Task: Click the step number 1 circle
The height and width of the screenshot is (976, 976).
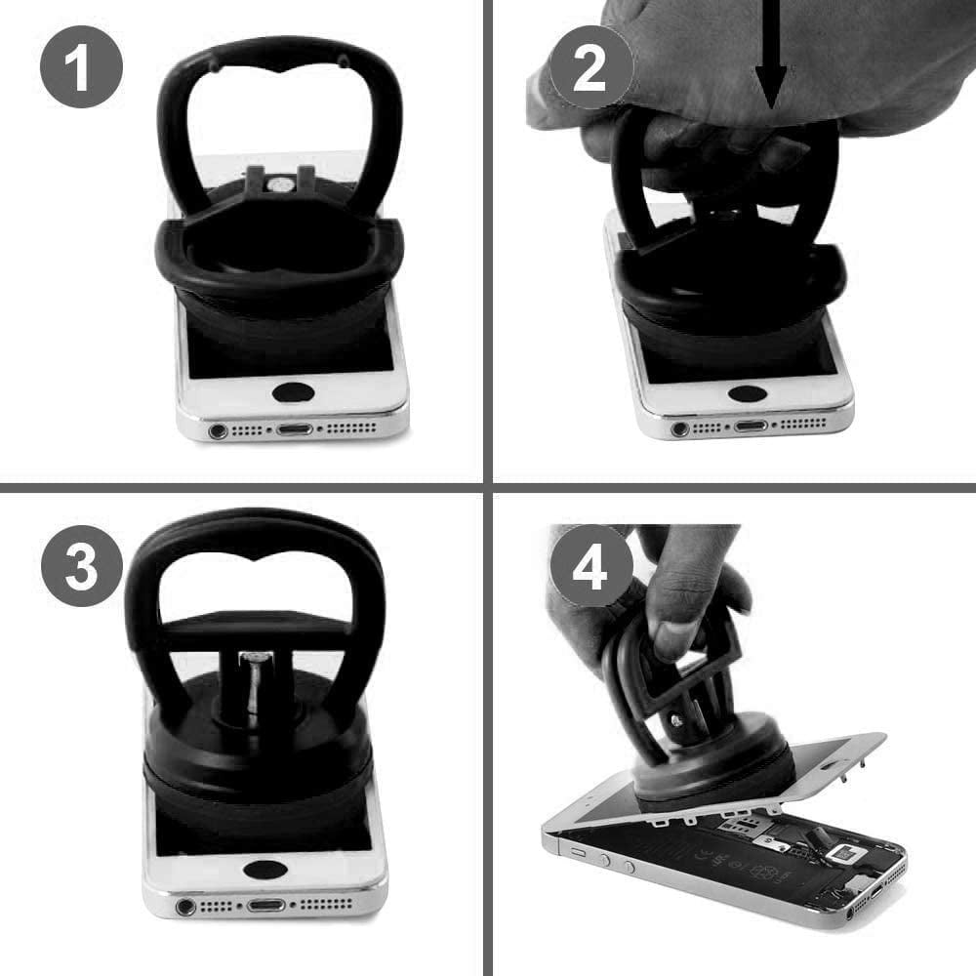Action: click(x=81, y=66)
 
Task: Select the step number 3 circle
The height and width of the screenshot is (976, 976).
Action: click(x=82, y=566)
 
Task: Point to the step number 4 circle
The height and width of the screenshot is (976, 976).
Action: click(x=591, y=566)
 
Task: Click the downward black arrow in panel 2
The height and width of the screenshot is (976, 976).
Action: click(x=771, y=55)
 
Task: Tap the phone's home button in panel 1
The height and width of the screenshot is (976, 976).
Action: click(x=293, y=392)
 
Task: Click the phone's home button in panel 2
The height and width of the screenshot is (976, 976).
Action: click(x=747, y=393)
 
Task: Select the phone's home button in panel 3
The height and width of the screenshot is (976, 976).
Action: click(x=265, y=870)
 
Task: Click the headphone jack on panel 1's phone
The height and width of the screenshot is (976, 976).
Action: click(x=218, y=430)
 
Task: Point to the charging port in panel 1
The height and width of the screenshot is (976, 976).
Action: click(x=295, y=429)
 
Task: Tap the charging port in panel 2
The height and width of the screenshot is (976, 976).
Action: click(x=751, y=427)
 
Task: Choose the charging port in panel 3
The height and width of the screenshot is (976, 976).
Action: click(x=266, y=905)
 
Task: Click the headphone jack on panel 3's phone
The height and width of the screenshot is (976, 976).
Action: click(x=185, y=907)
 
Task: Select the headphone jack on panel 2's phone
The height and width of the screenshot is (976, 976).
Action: click(x=680, y=428)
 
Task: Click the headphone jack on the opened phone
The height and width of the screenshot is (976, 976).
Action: click(x=850, y=914)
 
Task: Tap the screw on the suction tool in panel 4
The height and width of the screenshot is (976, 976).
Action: click(x=678, y=719)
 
